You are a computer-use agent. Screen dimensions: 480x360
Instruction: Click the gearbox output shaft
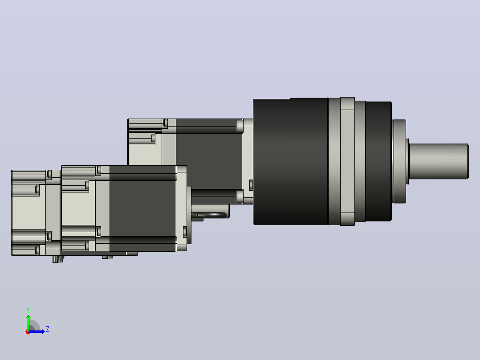[x=438, y=161]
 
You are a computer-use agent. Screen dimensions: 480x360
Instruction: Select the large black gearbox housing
[x=290, y=161]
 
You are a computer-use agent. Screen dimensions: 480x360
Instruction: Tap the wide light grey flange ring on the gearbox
[x=347, y=161]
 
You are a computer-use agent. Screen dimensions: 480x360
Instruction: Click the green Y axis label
[x=28, y=310]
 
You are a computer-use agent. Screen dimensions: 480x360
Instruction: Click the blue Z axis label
[x=48, y=329]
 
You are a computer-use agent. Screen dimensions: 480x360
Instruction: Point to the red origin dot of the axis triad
[x=28, y=332]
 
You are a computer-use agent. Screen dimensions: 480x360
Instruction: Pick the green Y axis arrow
[x=28, y=323]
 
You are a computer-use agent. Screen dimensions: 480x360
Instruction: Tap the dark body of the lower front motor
[x=142, y=209]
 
